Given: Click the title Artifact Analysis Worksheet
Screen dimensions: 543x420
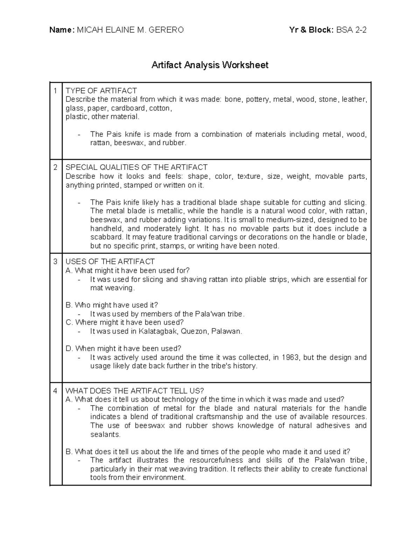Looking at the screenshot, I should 210,65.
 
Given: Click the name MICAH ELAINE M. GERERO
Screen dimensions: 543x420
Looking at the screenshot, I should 130,30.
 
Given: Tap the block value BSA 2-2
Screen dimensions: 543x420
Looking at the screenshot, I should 351,30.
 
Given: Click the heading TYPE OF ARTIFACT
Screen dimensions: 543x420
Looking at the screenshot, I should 101,91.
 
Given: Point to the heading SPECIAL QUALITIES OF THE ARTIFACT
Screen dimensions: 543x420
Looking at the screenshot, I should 136,167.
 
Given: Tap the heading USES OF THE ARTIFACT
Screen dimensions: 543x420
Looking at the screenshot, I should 110,262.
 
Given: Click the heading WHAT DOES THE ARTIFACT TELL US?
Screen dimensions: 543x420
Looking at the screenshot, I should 135,391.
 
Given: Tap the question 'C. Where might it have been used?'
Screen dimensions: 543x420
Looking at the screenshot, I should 125,322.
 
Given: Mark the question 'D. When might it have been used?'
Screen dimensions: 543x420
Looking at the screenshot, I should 123,349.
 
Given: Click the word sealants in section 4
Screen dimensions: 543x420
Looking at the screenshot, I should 105,435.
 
